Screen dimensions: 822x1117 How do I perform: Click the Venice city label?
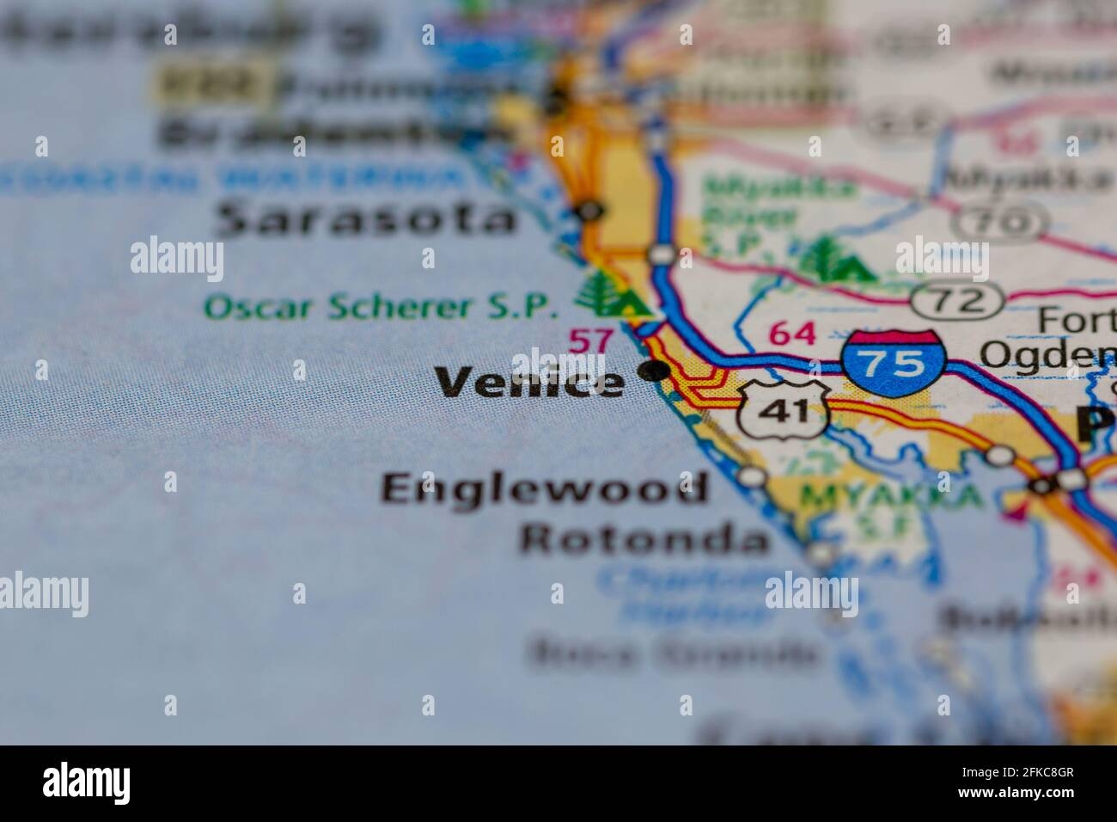coord(529,382)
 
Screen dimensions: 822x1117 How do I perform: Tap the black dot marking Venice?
coord(656,371)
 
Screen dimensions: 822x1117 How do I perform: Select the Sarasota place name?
coord(367,220)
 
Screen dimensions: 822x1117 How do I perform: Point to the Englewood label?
coord(545,489)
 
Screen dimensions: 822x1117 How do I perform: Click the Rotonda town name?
coord(644,540)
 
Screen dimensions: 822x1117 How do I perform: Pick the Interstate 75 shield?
coord(894,360)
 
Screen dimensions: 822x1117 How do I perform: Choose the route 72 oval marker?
coord(958,300)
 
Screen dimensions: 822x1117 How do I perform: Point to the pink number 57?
coord(593,340)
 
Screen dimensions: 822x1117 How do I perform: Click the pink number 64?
coord(792,333)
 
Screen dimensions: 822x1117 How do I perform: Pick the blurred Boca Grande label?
coord(674,655)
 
